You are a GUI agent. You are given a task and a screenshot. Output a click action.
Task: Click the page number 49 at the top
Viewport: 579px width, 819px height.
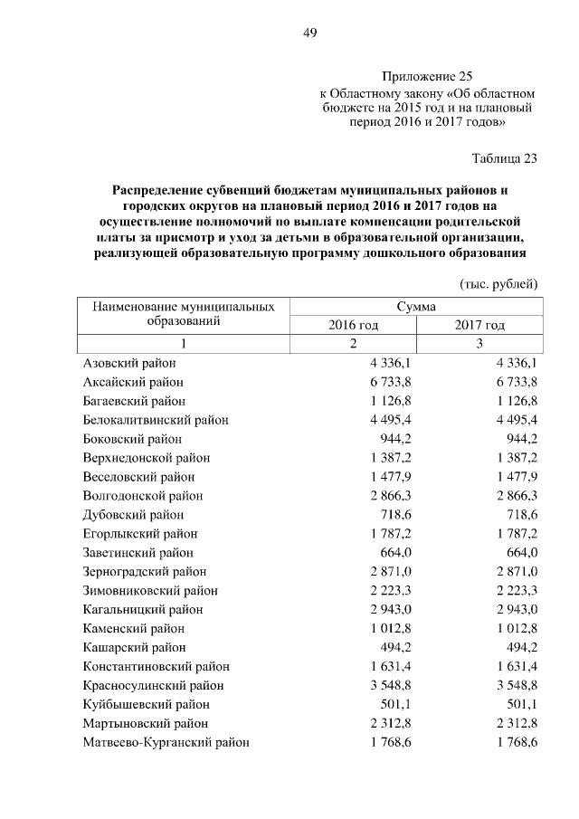309,33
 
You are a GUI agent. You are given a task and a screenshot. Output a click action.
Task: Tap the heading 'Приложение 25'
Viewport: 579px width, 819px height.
427,77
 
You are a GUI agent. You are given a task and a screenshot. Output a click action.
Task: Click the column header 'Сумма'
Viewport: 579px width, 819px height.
416,306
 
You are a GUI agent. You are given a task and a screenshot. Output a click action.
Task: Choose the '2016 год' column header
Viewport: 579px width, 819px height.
352,325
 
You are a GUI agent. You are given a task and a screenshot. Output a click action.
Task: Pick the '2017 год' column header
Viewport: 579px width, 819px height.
479,325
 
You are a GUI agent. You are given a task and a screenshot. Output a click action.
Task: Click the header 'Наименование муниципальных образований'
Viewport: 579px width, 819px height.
184,314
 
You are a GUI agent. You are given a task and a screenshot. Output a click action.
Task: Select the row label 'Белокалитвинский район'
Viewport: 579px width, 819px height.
155,420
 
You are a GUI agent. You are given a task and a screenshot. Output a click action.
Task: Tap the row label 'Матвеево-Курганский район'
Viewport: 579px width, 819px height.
166,742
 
